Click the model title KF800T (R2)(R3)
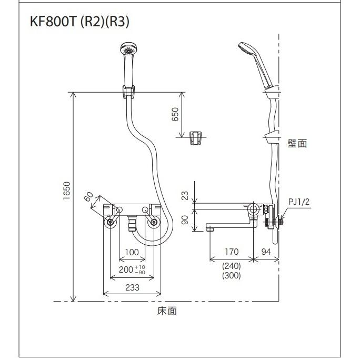(81, 22)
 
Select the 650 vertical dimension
(176, 115)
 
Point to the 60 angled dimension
(89, 197)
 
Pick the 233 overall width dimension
(133, 287)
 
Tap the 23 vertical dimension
(185, 195)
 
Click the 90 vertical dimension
(185, 218)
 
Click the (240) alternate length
(231, 265)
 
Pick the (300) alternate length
(231, 276)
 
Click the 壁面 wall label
(297, 143)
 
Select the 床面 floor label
(167, 311)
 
